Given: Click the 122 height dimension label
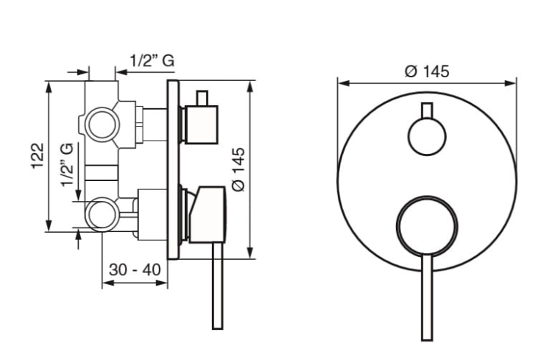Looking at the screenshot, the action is point(38,156).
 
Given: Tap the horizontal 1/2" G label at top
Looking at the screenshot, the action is point(152,60).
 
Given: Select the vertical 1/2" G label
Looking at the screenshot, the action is point(67,164).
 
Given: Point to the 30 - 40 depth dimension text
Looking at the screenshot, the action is point(135,270).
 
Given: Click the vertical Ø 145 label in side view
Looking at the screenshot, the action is point(238,169).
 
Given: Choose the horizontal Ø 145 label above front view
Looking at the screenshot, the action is point(427,71).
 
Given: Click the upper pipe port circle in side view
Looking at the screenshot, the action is point(102,124).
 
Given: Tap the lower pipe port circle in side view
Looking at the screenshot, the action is point(102,215).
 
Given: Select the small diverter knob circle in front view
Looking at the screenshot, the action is point(427,137).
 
